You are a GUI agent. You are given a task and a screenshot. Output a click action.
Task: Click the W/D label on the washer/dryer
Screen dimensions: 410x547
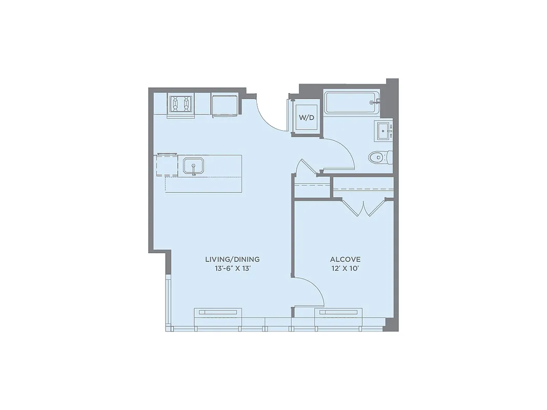coord(307,118)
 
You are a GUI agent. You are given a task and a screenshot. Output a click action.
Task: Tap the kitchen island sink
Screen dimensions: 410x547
coord(194,166)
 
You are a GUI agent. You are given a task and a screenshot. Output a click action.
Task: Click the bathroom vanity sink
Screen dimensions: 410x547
coord(384,131)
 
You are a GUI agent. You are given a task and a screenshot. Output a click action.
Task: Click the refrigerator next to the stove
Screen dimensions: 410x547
coord(225,105)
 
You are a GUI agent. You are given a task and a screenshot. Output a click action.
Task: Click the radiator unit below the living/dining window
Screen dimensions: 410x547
coord(217,312)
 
